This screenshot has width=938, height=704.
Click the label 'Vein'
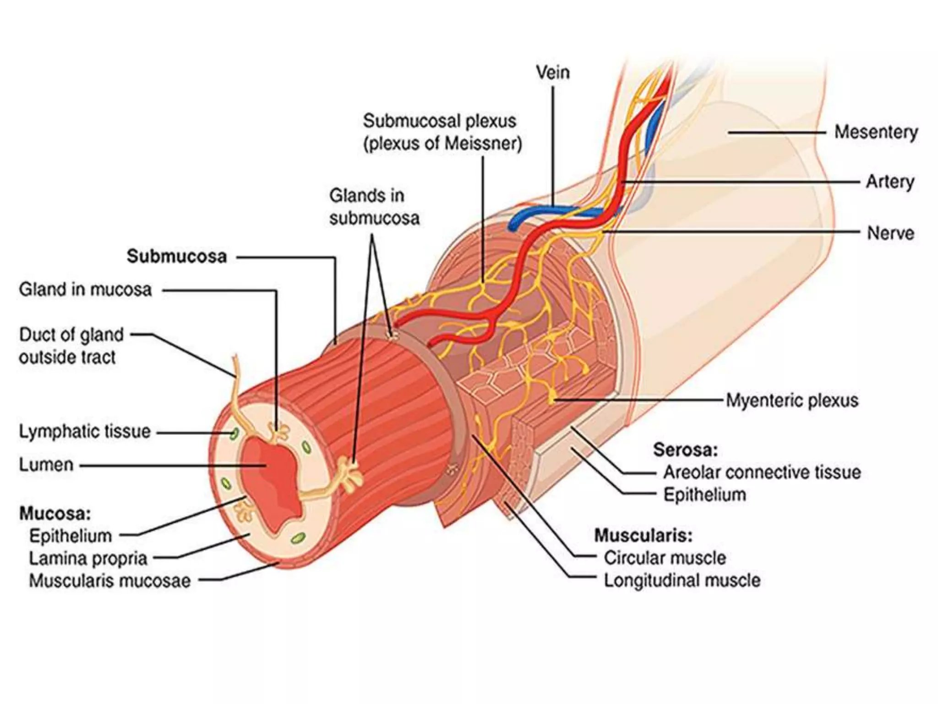point(553,72)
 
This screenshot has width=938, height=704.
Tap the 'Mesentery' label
point(876,132)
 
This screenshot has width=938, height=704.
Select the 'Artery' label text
point(889,182)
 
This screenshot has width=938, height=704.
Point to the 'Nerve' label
point(890,233)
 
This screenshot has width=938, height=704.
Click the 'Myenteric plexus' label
point(792,400)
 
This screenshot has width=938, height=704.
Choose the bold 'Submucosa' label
point(177,257)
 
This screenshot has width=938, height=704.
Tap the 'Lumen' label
point(46,465)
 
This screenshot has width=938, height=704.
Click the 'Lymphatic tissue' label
point(85,431)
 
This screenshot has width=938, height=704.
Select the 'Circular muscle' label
point(665,558)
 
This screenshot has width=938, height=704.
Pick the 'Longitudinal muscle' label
point(682,580)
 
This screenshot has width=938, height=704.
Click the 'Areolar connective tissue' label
point(762,472)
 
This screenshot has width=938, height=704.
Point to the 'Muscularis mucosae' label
point(110,581)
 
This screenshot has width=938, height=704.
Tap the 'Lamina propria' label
point(88,558)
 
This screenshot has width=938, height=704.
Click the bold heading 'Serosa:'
point(685,450)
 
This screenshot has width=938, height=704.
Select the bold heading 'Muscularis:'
point(643,535)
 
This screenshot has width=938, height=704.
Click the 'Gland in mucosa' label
point(85,290)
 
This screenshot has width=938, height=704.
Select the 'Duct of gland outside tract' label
point(71,346)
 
